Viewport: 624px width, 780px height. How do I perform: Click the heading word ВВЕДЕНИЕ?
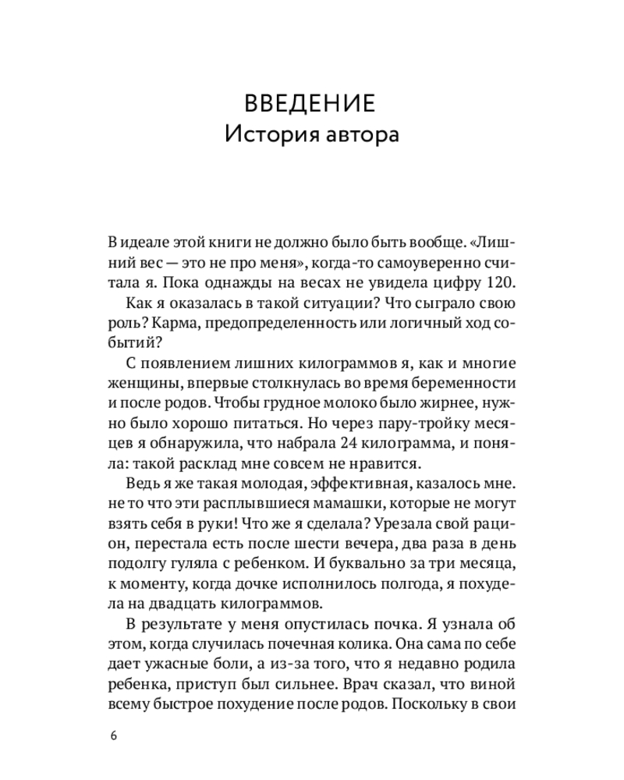coord(311,104)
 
